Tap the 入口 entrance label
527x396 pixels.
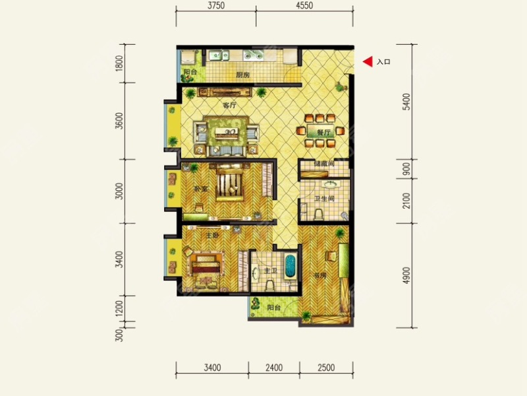coord(384,63)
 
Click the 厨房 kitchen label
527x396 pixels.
coord(242,75)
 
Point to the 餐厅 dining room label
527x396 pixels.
coord(323,133)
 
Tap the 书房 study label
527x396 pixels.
coord(321,275)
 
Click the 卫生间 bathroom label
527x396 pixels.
coord(327,198)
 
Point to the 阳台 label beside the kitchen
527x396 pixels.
coord(191,72)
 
